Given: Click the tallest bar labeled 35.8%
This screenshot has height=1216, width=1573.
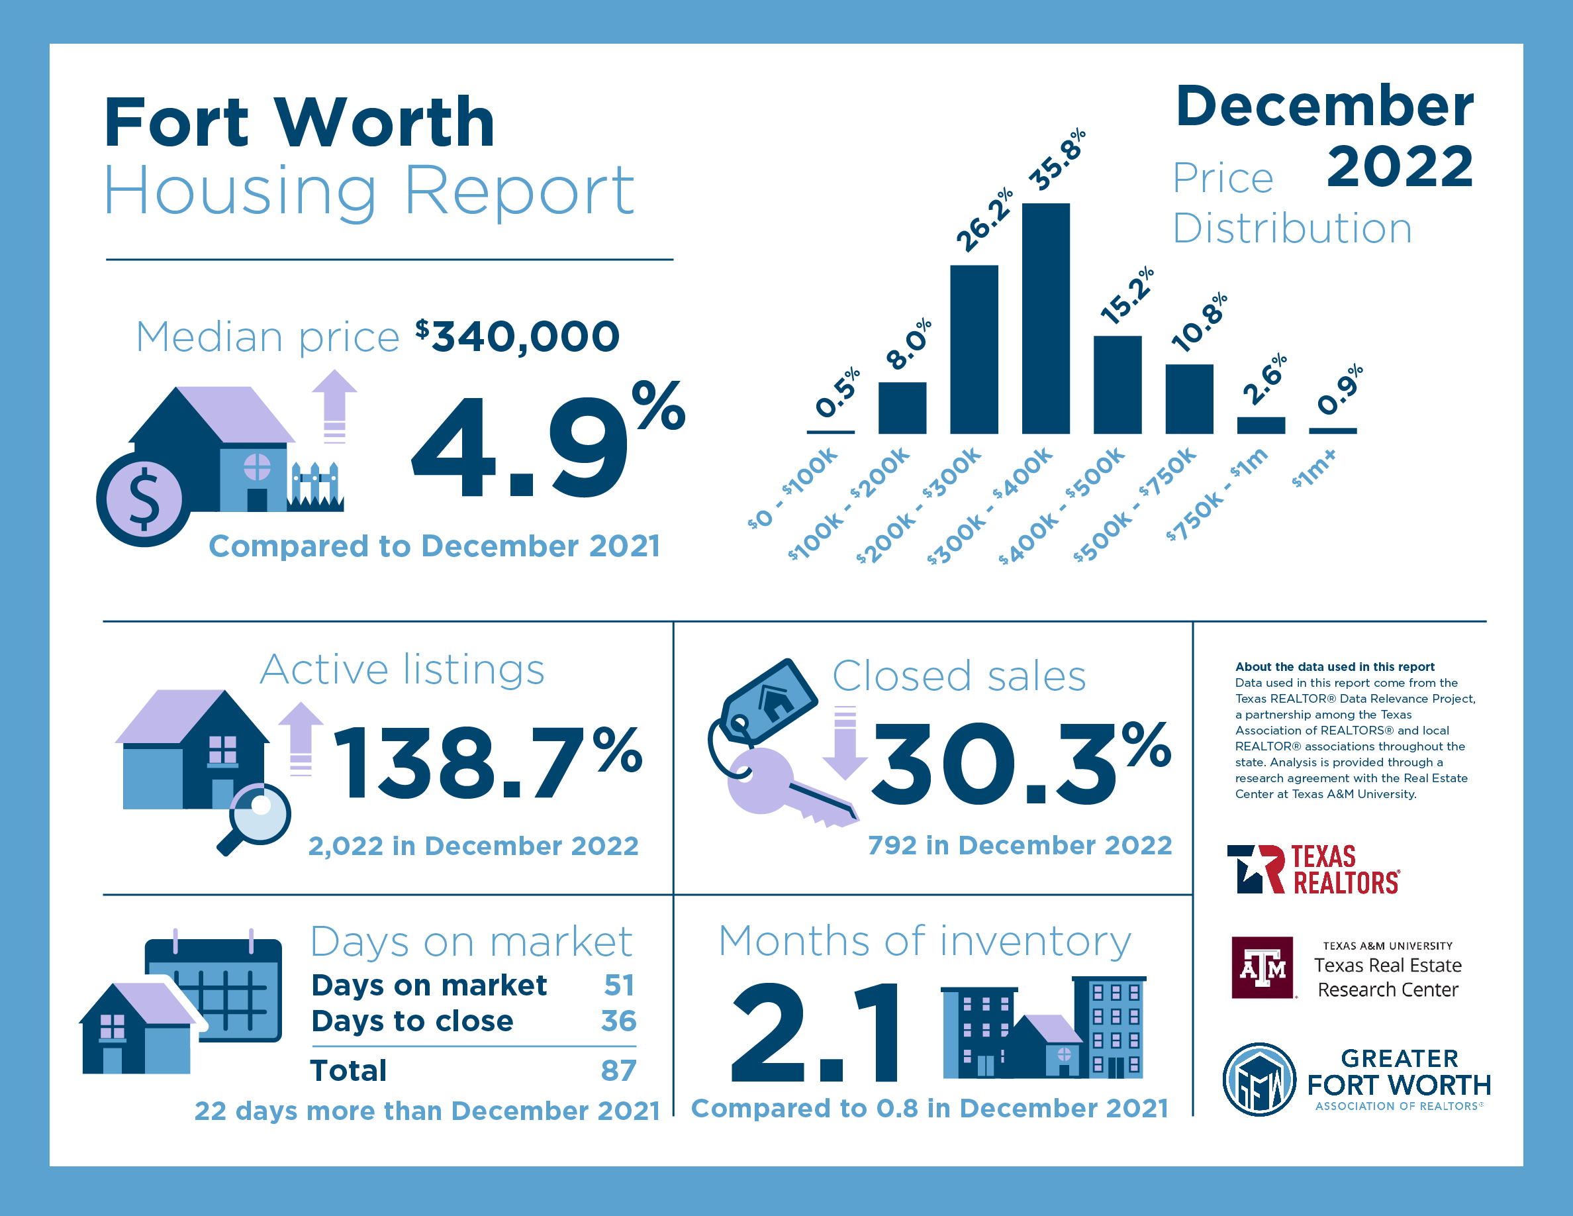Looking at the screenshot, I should point(1045,318).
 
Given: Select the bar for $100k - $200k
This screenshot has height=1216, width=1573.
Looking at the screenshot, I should point(902,407).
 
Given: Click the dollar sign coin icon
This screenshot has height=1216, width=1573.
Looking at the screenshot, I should point(144,499).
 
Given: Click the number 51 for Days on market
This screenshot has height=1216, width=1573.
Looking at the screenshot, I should point(619,985).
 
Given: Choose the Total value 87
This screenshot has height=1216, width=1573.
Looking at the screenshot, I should point(619,1070).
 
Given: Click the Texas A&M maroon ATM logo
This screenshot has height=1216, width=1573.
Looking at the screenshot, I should point(1262,968).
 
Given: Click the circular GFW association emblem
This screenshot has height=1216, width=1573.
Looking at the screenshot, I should point(1259,1079).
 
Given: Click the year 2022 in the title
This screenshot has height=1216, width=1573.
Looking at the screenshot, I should point(1400,166).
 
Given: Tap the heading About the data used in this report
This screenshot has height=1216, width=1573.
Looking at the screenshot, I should point(1335,666).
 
